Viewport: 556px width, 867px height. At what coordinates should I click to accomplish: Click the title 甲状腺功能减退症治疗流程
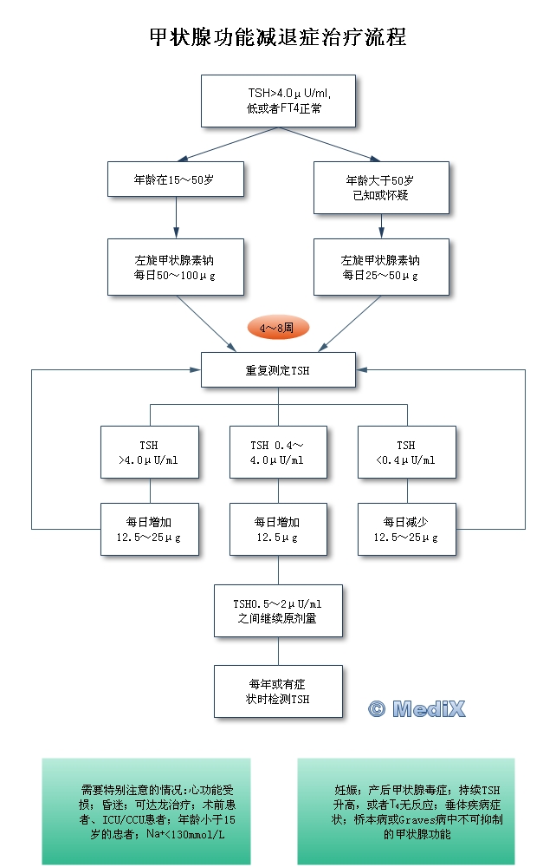(278, 37)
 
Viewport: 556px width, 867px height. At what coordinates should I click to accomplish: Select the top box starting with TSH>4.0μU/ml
(278, 101)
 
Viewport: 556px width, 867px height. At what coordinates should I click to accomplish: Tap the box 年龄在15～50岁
(176, 179)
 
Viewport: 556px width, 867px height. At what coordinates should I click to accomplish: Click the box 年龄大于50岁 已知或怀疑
(381, 187)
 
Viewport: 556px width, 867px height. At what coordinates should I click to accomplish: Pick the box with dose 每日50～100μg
(176, 268)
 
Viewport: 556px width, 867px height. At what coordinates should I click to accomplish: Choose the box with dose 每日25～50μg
(381, 268)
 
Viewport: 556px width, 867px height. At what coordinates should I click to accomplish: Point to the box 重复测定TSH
(278, 369)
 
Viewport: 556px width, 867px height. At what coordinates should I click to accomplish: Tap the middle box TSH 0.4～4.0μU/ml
(278, 453)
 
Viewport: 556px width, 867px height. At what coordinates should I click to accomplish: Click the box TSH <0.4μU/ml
(406, 453)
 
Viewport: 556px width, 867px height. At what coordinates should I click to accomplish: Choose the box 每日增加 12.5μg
(278, 530)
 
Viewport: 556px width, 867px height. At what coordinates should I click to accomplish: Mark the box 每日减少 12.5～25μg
(406, 530)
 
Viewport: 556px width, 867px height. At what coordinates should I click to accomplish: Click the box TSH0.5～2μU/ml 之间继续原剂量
(278, 611)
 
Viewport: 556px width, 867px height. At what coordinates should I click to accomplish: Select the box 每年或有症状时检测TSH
(278, 691)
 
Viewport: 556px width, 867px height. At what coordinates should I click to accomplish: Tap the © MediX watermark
(417, 708)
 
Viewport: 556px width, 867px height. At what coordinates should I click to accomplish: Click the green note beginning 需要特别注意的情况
(146, 811)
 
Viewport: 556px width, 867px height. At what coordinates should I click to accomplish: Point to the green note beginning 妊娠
(405, 811)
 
